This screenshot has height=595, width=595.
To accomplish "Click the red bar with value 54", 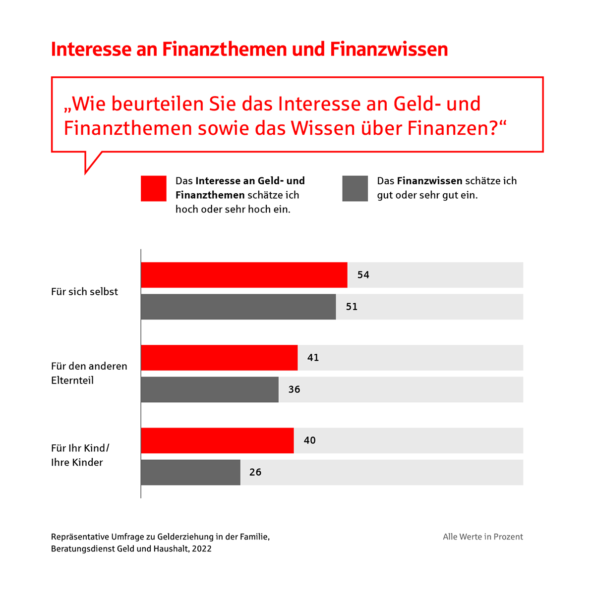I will click(x=244, y=275).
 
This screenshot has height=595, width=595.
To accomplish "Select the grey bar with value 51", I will click(x=238, y=307).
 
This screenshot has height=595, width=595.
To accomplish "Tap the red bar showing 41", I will click(x=219, y=358).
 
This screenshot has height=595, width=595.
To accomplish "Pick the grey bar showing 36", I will click(x=209, y=389).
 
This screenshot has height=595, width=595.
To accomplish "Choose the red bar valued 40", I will click(x=217, y=440).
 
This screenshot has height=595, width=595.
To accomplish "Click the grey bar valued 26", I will click(x=190, y=472).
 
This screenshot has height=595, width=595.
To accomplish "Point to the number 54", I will click(x=363, y=275).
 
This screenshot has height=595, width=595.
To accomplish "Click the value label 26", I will click(x=255, y=472).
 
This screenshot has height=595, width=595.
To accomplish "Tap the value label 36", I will click(x=295, y=389).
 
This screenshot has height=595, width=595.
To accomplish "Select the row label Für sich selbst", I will click(x=84, y=292).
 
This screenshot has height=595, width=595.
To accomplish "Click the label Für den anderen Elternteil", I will click(x=89, y=373).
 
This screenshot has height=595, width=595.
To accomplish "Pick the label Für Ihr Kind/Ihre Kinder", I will click(x=80, y=455).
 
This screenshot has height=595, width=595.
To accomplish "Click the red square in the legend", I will click(x=154, y=188).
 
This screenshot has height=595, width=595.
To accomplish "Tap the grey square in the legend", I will click(x=355, y=188).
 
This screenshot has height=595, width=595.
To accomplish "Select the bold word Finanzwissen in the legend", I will click(x=429, y=181).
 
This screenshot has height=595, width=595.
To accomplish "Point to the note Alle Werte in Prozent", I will click(x=482, y=537).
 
